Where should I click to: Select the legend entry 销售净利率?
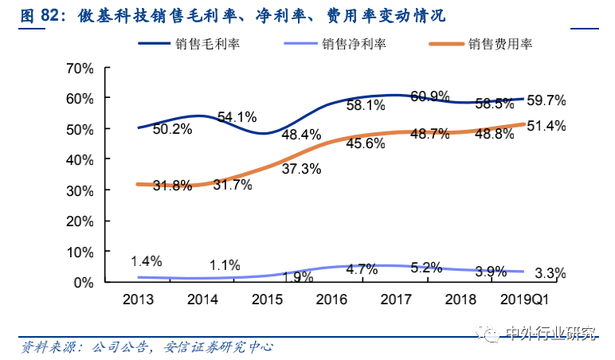point(355,45)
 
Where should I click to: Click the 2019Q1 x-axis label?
point(526,299)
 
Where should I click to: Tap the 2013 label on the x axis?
point(139,299)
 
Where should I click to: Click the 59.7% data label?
point(546,100)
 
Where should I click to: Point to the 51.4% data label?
point(546,125)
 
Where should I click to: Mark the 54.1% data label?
point(237,117)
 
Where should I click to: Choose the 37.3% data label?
point(301,169)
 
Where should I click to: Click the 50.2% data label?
point(172,129)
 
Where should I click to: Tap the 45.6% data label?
point(366,143)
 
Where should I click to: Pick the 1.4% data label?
point(147,260)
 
